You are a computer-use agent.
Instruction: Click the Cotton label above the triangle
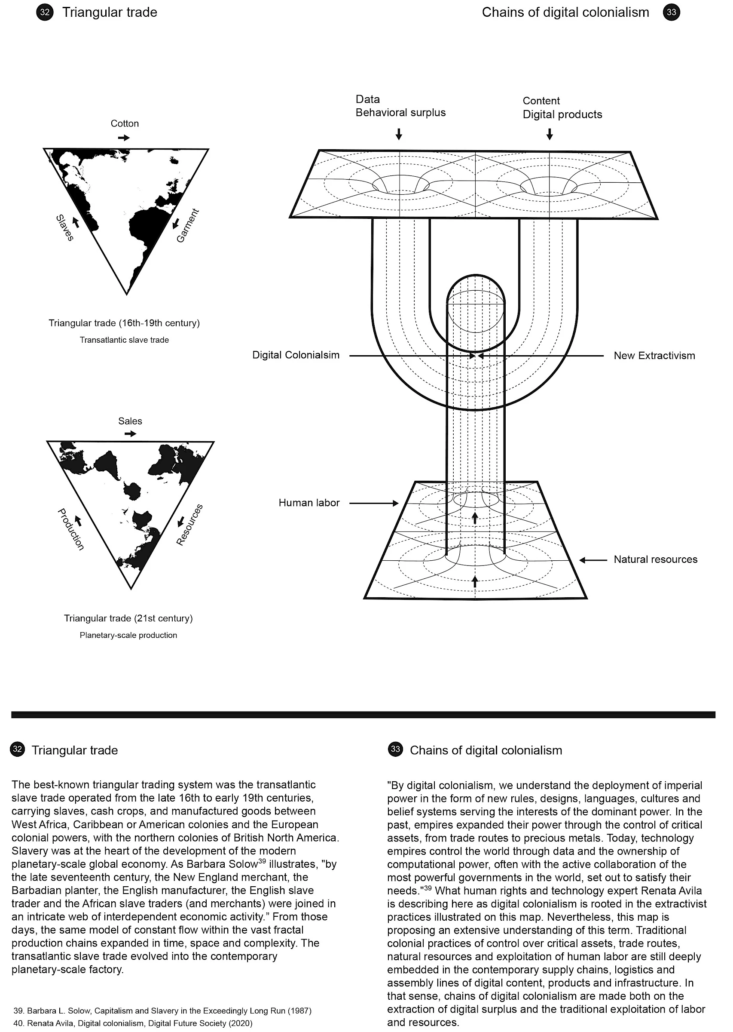pyautogui.click(x=125, y=124)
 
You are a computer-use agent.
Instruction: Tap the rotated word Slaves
pyautogui.click(x=64, y=227)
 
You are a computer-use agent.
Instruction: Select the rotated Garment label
pyautogui.click(x=187, y=225)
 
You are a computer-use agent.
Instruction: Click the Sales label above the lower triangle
pyautogui.click(x=130, y=421)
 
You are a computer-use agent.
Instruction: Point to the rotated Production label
pyautogui.click(x=71, y=529)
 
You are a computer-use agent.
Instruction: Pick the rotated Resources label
pyautogui.click(x=189, y=524)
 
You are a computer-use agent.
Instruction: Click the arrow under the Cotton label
pyautogui.click(x=123, y=138)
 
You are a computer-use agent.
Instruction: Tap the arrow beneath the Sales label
pyautogui.click(x=130, y=434)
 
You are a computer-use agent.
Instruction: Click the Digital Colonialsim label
pyautogui.click(x=296, y=356)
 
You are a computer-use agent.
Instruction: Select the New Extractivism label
pyautogui.click(x=654, y=356)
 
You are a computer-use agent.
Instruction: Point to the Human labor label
pyautogui.click(x=309, y=503)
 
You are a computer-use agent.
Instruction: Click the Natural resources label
pyautogui.click(x=655, y=559)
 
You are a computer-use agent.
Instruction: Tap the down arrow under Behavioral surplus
pyautogui.click(x=399, y=134)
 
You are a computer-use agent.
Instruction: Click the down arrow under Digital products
pyautogui.click(x=549, y=134)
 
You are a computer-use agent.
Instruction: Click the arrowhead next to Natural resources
pyautogui.click(x=583, y=560)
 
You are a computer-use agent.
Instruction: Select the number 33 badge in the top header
pyautogui.click(x=671, y=12)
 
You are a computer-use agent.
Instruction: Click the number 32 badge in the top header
pyautogui.click(x=45, y=12)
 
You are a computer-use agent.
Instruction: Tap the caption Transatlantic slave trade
pyautogui.click(x=124, y=340)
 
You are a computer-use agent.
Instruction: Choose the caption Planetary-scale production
pyautogui.click(x=128, y=636)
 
